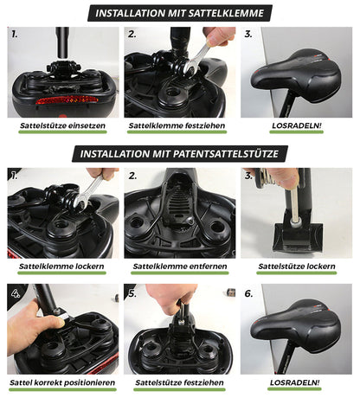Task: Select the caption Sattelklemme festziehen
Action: (179, 125)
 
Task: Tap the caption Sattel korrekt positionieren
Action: (61, 382)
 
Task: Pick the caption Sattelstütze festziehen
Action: (179, 382)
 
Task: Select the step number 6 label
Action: (249, 293)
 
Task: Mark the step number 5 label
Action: (132, 293)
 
